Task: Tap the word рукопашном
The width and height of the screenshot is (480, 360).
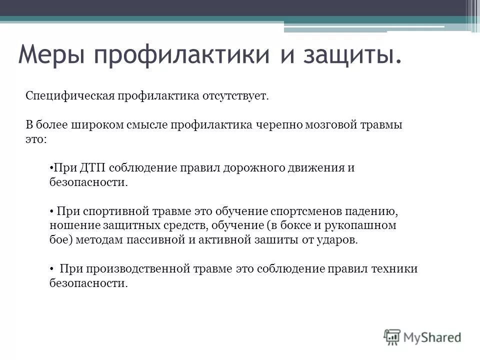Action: tap(366, 225)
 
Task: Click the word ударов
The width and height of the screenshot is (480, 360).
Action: tap(341, 240)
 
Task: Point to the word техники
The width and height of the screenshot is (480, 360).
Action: tap(394, 269)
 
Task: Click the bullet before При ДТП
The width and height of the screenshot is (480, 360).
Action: tap(51, 168)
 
